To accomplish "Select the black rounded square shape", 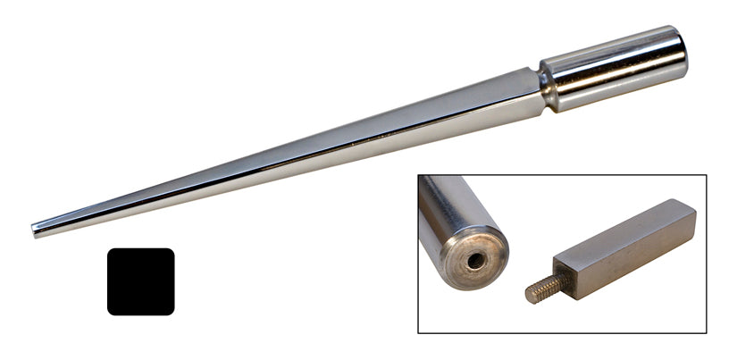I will (141, 281).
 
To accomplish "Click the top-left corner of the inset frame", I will (418, 175).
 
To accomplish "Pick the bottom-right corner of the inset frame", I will (706, 333).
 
